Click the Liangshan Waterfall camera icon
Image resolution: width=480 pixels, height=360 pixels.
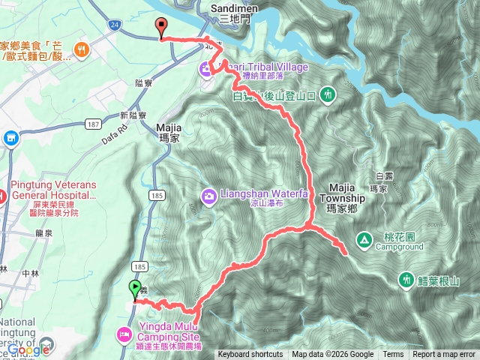pyautogui.click(x=208, y=196)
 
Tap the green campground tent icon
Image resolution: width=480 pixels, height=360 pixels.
pyautogui.click(x=363, y=240)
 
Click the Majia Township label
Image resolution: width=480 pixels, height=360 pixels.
pyautogui.click(x=346, y=193)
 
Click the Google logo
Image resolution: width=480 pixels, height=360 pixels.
pyautogui.click(x=28, y=349)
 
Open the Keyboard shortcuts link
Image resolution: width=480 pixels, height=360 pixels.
pyautogui.click(x=250, y=355)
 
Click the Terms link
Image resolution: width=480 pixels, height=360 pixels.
pyautogui.click(x=393, y=355)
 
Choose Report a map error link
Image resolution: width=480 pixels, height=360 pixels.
pyautogui.click(x=444, y=355)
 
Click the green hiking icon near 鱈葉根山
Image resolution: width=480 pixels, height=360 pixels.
pyautogui.click(x=406, y=280)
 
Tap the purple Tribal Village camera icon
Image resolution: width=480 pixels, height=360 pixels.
pyautogui.click(x=205, y=69)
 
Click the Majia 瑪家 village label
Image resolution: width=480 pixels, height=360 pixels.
pyautogui.click(x=170, y=133)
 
